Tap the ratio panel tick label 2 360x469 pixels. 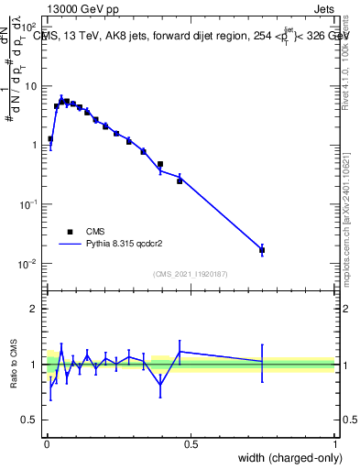point(33,309)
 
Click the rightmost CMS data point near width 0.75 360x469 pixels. point(262,249)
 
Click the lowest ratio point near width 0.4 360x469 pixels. point(160,386)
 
